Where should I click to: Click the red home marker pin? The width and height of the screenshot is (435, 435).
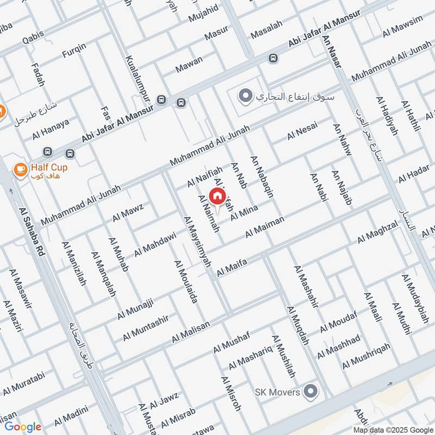217,196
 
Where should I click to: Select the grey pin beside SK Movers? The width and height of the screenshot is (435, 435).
310,391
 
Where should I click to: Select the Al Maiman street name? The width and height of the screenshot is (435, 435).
265,226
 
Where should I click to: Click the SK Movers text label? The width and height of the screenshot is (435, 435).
277,392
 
